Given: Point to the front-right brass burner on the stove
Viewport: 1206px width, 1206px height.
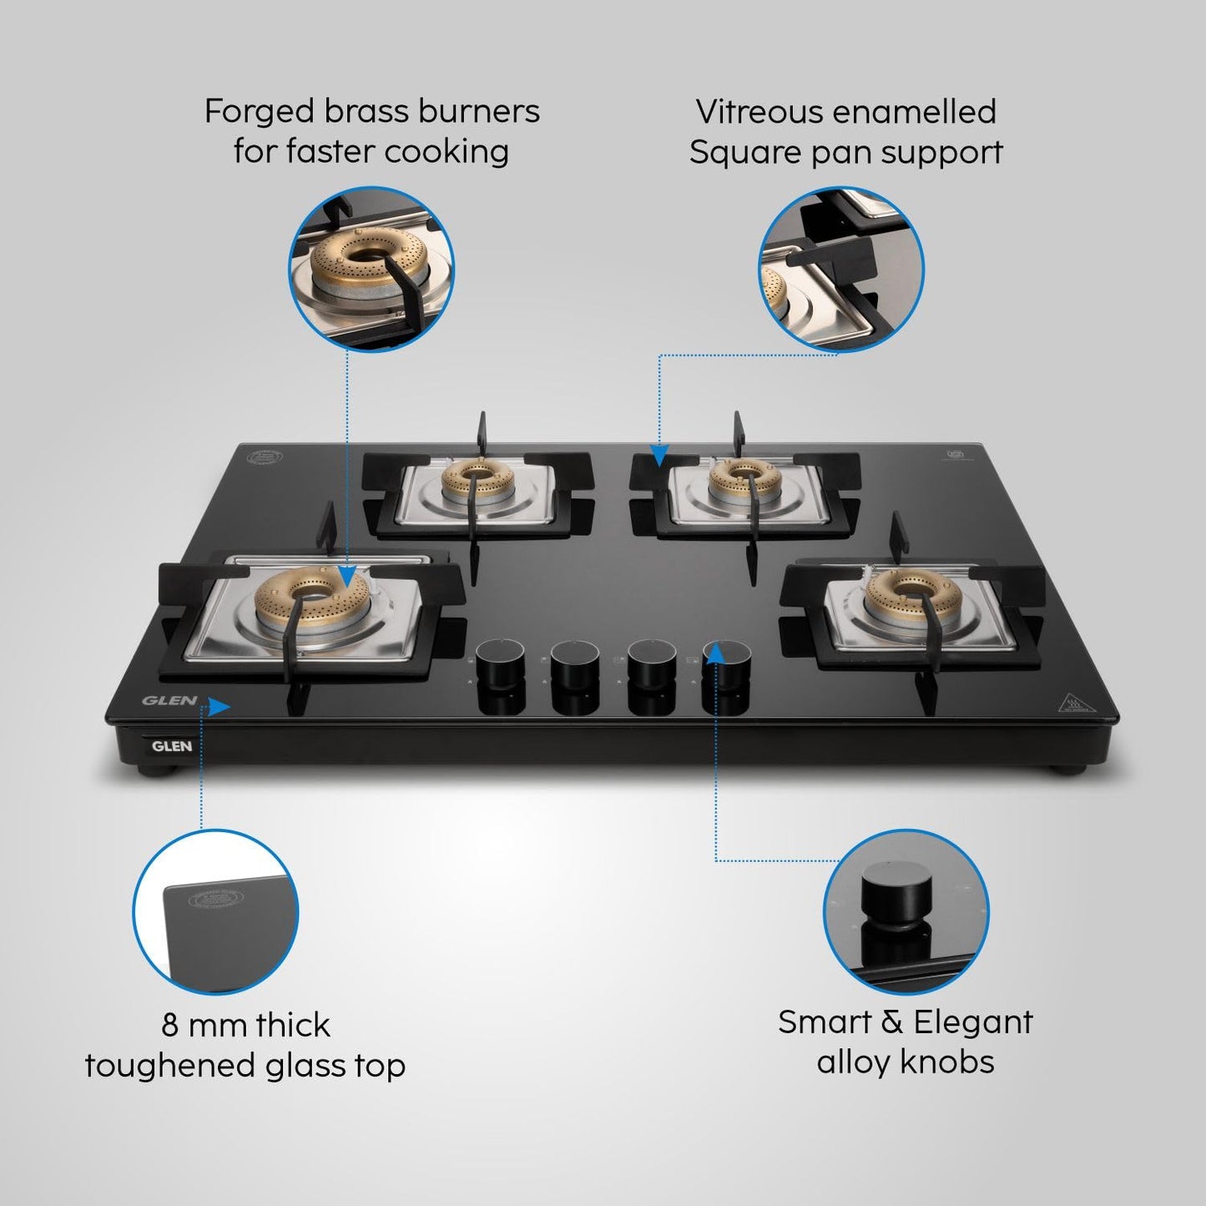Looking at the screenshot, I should (898, 598).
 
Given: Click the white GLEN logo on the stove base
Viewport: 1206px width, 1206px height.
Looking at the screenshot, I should (172, 746).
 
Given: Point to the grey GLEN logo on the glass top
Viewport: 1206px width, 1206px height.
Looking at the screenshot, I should (169, 701).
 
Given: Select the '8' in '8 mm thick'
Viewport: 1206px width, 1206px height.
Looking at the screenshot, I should (170, 1025).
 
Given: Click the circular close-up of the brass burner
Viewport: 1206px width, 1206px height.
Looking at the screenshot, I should (372, 266).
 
